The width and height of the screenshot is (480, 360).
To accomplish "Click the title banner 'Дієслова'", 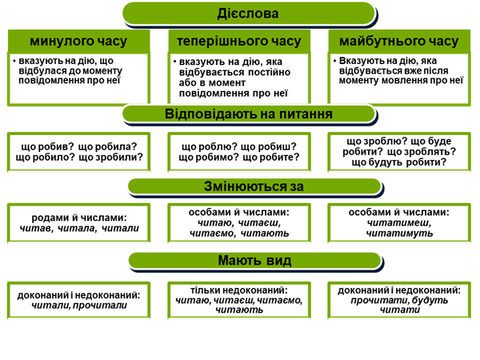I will point(248,14).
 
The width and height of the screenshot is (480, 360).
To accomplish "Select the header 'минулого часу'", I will point(78,41).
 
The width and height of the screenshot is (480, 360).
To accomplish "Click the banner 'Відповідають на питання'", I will point(248,114).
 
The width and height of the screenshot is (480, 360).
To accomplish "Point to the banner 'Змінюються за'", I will point(248,187).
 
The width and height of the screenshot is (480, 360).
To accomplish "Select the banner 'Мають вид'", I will point(248,261).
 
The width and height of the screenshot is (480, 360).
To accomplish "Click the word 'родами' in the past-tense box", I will point(47,217).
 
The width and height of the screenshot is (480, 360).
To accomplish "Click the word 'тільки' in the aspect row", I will point(206,290).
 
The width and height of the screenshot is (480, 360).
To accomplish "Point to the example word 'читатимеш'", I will point(399,223).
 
